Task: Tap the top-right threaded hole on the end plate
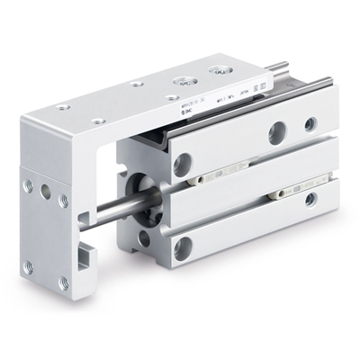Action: coord(64,201)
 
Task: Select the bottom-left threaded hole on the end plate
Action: coord(29,266)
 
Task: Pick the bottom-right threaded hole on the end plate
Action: coord(64,282)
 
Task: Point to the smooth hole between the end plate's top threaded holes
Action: coord(46,192)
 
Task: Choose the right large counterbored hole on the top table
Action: coord(216,69)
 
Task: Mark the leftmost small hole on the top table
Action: coord(64,107)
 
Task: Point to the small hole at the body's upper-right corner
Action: coord(310,124)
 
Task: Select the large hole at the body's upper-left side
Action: coord(183,165)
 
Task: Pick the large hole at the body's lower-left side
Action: coord(183,248)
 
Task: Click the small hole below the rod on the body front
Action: coord(144,238)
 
